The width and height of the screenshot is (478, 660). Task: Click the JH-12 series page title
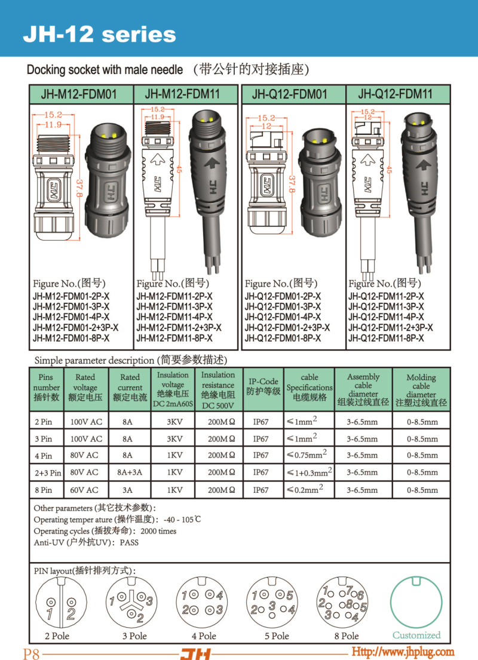[x=99, y=34]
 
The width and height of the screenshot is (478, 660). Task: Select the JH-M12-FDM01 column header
[x=78, y=94]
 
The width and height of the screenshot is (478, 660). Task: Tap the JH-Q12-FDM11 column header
[x=395, y=94]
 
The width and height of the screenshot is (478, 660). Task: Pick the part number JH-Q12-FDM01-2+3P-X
[x=287, y=328]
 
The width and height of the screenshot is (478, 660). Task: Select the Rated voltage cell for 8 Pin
[x=85, y=490]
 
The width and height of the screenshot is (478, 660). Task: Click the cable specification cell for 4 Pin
[x=307, y=455]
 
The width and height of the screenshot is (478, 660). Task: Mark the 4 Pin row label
[x=45, y=456]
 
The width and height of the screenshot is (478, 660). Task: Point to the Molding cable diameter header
[x=421, y=390]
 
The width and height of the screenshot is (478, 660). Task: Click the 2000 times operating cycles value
[x=158, y=531]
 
